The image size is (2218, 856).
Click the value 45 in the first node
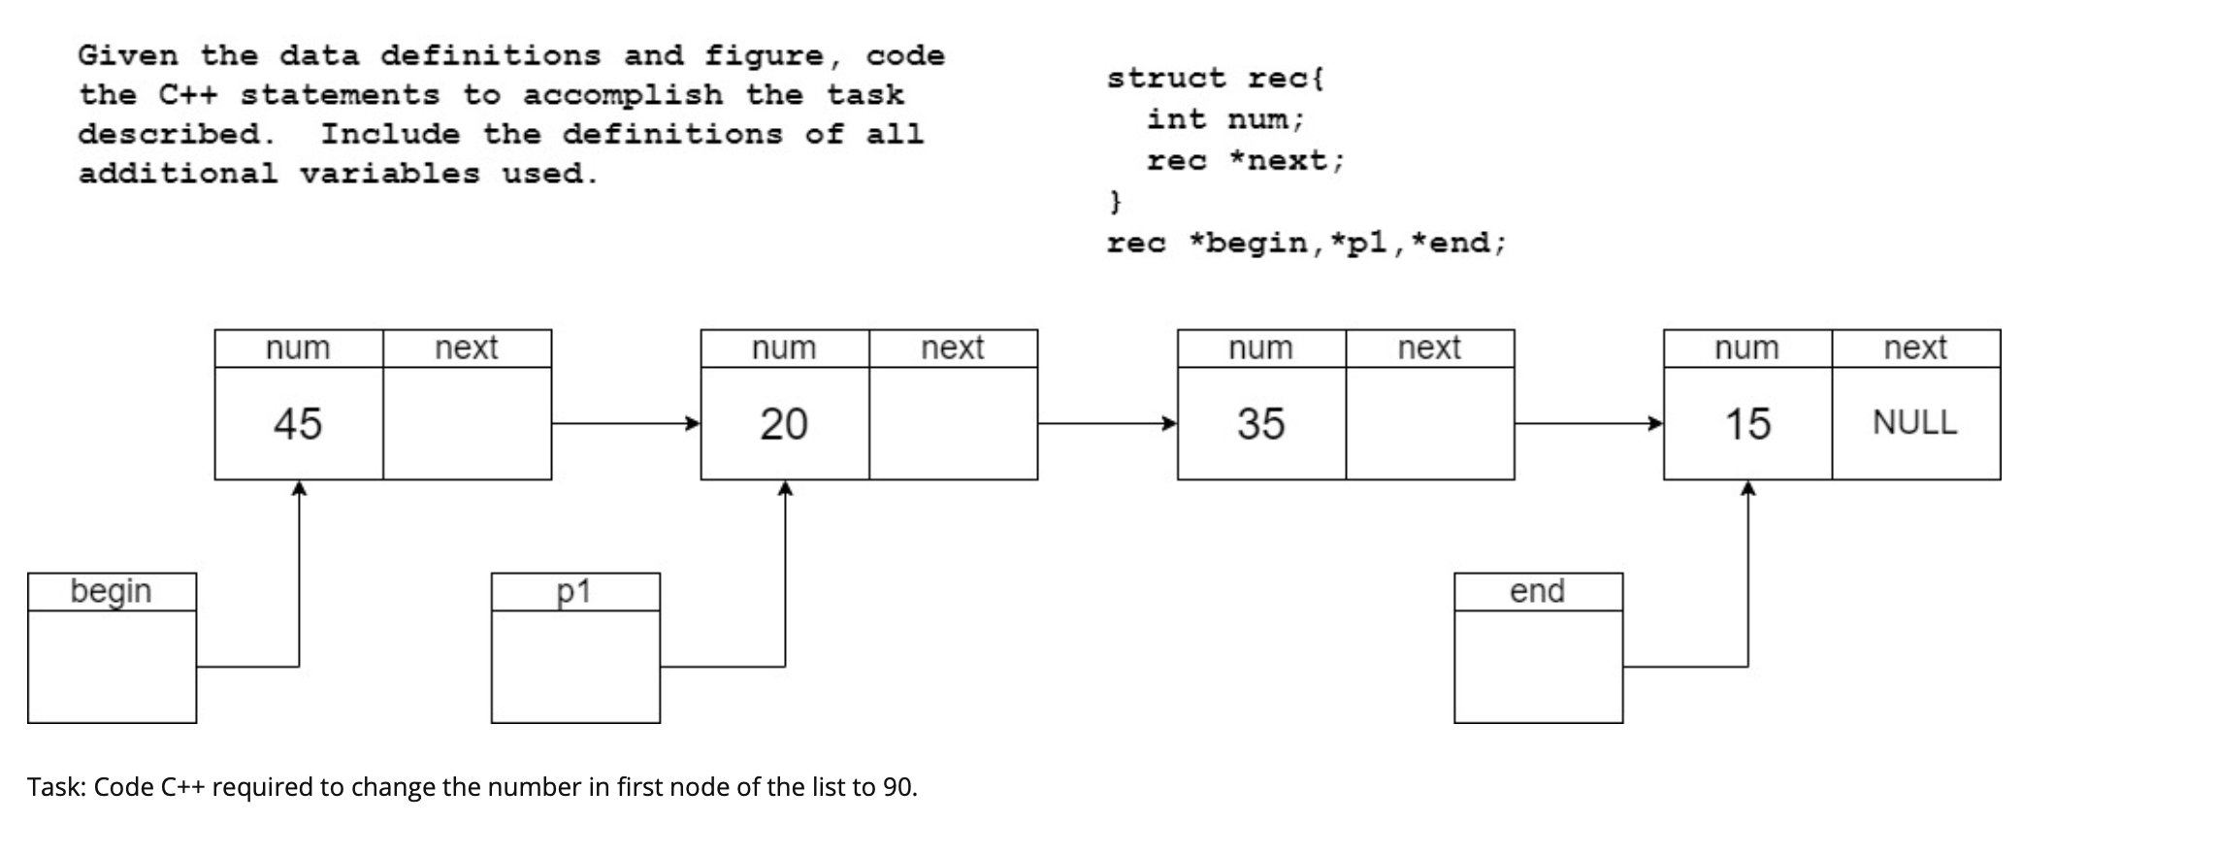coord(297,424)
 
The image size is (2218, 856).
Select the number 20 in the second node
coord(783,424)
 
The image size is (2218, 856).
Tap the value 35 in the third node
coord(1260,424)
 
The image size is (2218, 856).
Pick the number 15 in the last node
coord(1746,424)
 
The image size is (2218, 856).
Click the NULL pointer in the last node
coord(1914,422)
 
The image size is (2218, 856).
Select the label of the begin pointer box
coord(111,591)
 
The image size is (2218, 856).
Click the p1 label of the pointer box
coord(574,591)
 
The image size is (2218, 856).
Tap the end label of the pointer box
coord(1537,591)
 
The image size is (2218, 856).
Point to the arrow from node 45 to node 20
coord(626,423)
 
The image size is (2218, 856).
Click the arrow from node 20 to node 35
coord(1107,423)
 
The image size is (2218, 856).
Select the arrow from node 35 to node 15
coord(1588,423)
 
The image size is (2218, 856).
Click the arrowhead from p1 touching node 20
coord(785,489)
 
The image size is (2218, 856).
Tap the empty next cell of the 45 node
coord(467,423)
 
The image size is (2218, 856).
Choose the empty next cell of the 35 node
coord(1429,423)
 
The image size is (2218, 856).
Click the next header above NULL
coord(1914,347)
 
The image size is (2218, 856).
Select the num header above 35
coord(1260,347)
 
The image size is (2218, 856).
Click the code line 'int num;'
coord(1225,119)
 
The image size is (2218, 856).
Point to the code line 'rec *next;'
coord(1246,160)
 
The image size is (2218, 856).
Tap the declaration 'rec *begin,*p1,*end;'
coord(1306,243)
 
